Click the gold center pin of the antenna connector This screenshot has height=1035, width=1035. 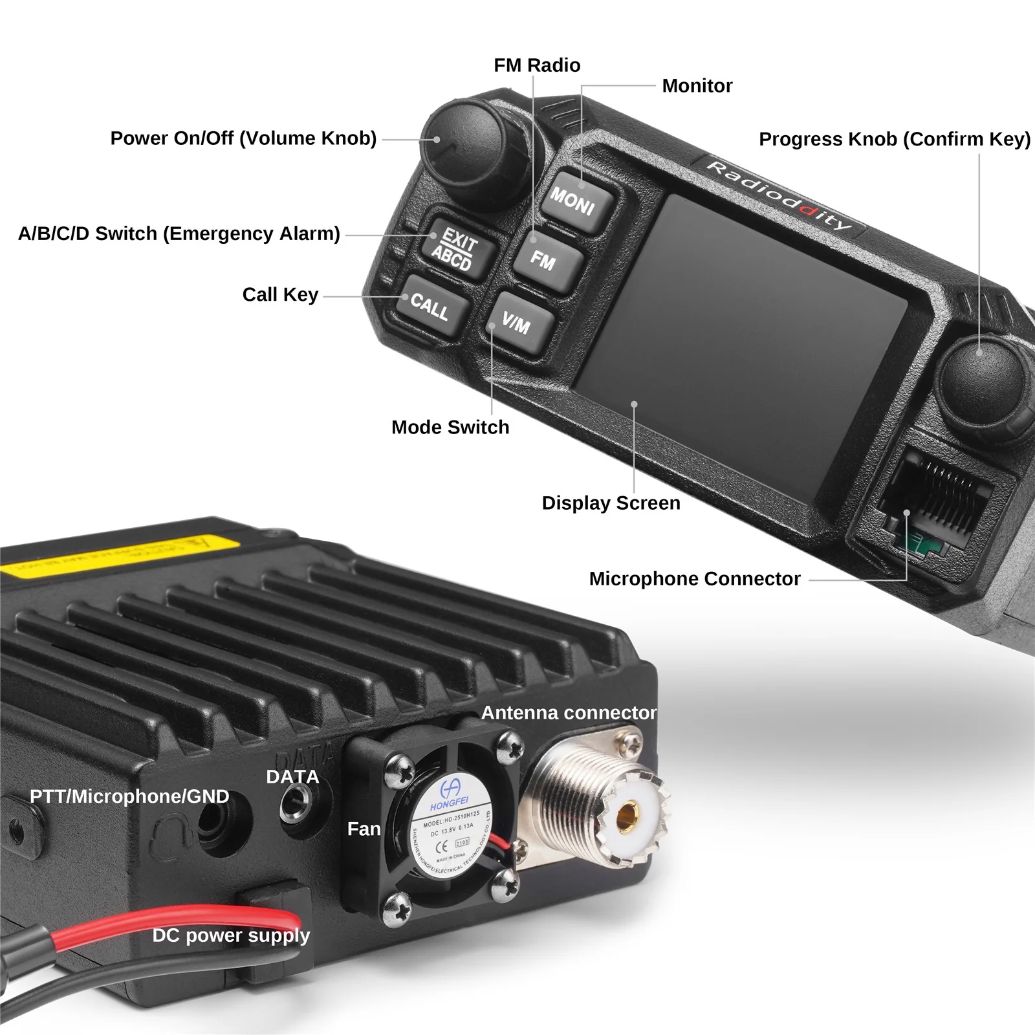(626, 817)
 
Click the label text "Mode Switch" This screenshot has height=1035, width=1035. (450, 427)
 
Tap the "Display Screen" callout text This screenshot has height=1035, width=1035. (611, 503)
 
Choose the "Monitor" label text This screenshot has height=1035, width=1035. (697, 85)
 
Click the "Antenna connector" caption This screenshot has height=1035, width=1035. (569, 712)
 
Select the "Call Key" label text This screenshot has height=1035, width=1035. (280, 294)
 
